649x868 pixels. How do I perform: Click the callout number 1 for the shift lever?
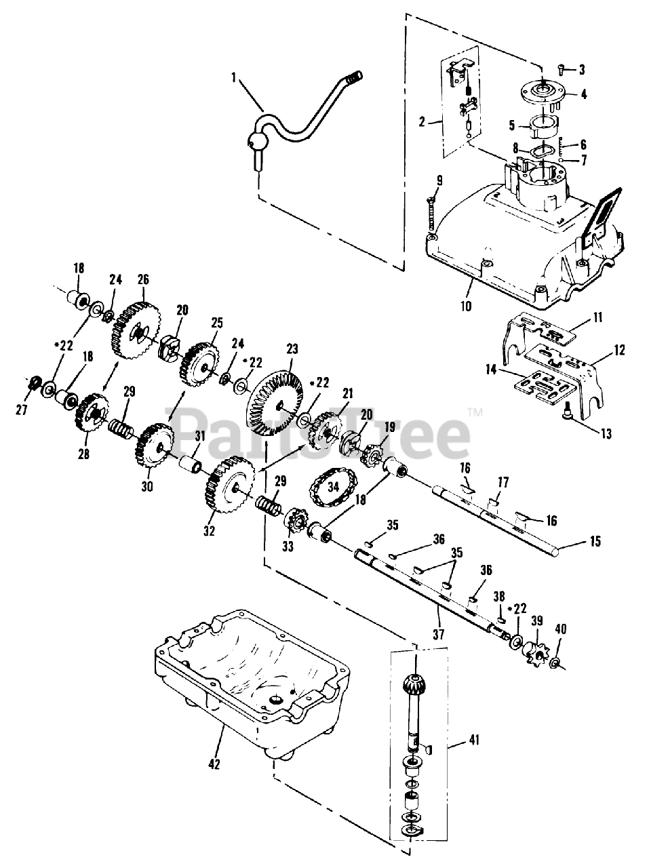point(233,78)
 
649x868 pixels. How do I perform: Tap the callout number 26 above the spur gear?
point(142,279)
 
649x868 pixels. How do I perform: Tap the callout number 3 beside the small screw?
point(581,69)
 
